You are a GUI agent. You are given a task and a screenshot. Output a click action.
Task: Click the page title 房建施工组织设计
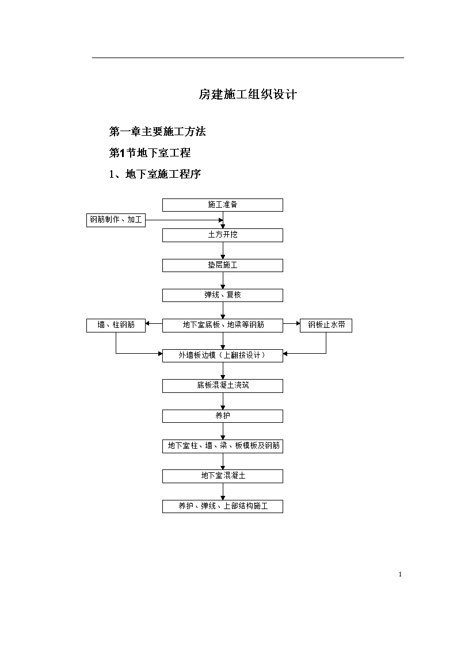pyautogui.click(x=247, y=94)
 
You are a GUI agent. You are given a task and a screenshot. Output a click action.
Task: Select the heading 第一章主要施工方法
pyautogui.click(x=157, y=131)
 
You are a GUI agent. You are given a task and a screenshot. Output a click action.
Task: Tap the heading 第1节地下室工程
pyautogui.click(x=150, y=153)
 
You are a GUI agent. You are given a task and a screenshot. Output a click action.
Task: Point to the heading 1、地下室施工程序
pyautogui.click(x=155, y=174)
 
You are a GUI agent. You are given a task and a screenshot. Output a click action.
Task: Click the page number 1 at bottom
pyautogui.click(x=400, y=574)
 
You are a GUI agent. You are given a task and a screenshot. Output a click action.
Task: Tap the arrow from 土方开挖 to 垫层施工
pyautogui.click(x=223, y=250)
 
